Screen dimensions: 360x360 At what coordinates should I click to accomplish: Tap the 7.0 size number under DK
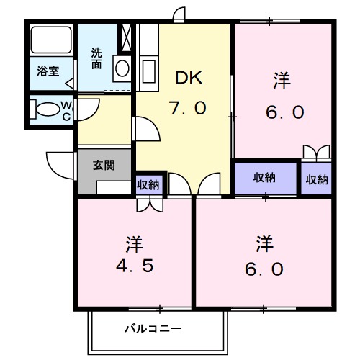pos(188,107)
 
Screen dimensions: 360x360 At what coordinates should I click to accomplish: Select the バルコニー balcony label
pos(153,329)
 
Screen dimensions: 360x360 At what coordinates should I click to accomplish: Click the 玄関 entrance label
pos(103,165)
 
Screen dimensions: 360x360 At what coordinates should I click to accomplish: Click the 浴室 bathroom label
pos(48,71)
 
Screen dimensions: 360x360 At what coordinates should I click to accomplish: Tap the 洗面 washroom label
pos(96,58)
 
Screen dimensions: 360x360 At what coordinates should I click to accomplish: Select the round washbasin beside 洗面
pos(121,69)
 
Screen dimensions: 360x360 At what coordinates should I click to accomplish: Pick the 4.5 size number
pos(134,266)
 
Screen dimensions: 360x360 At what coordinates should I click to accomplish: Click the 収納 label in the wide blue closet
pos(264,178)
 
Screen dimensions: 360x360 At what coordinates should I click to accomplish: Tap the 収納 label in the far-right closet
pos(317,179)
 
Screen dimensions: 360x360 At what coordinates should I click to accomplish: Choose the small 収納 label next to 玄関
pos(148,185)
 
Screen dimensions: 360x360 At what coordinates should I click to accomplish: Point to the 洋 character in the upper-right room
pos(282,81)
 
